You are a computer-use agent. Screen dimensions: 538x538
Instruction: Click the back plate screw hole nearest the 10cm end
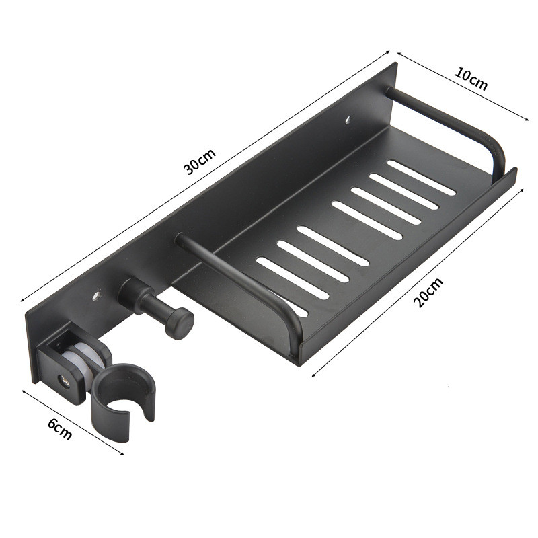click(348, 122)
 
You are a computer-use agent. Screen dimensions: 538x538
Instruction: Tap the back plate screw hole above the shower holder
click(96, 295)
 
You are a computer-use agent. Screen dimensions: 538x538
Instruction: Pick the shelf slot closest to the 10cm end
click(422, 178)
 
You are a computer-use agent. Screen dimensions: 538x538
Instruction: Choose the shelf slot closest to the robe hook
click(282, 306)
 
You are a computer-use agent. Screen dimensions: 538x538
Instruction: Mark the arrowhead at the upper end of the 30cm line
click(388, 50)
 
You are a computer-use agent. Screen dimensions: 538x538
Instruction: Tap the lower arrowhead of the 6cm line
click(122, 455)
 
